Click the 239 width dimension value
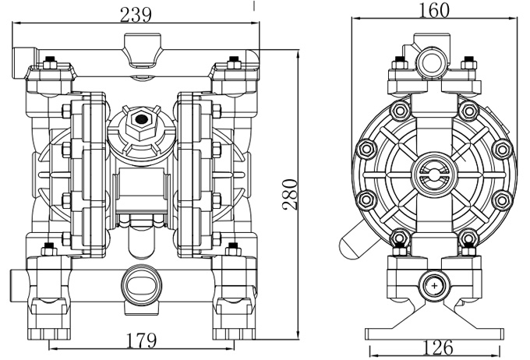(x=135, y=14)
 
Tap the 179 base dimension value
(x=140, y=341)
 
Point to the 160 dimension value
(x=434, y=11)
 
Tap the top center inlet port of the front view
(x=140, y=43)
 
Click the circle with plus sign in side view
(x=433, y=287)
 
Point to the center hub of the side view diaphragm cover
(x=433, y=169)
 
